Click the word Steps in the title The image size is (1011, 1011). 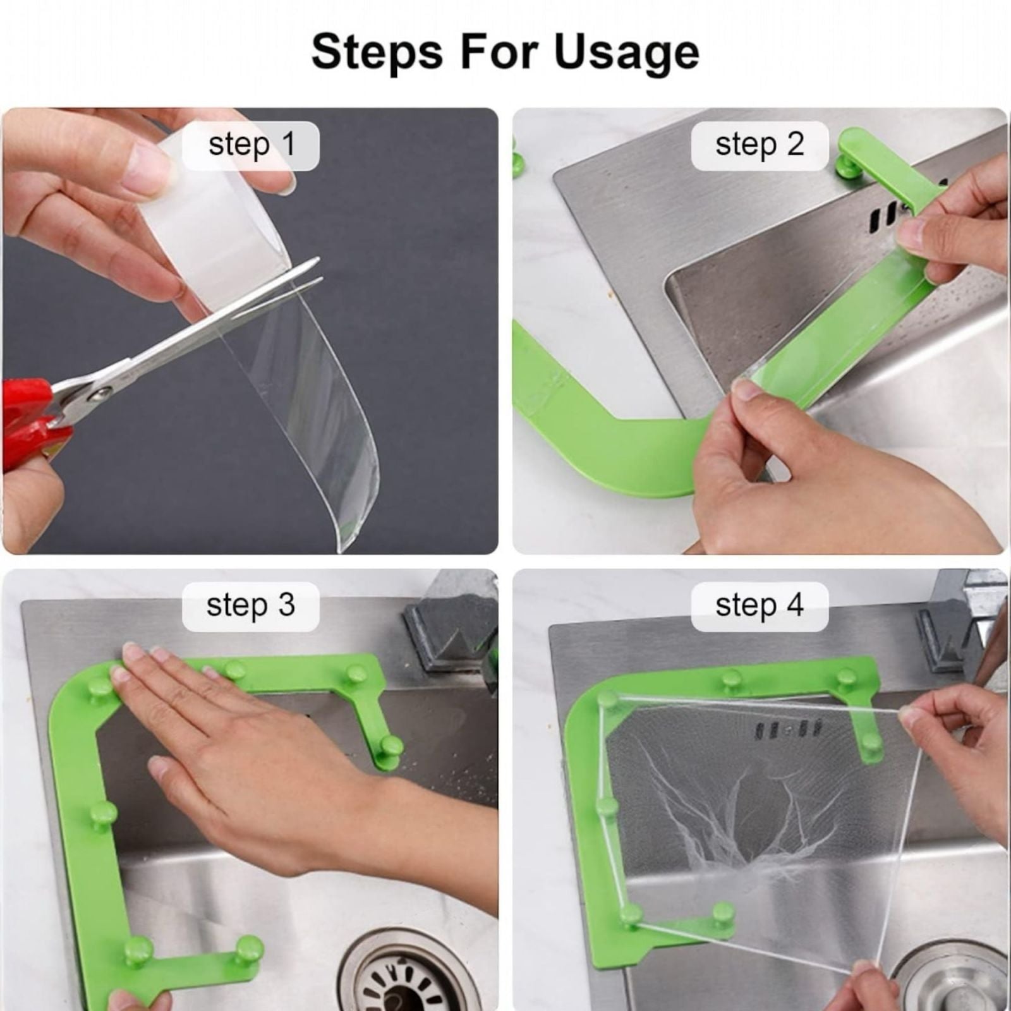point(377,52)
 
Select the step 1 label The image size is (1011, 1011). point(251,145)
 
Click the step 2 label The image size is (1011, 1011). point(760,145)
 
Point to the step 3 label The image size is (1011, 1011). point(251,605)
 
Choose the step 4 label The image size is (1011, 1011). point(760,605)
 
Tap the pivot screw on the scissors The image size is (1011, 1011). point(100,394)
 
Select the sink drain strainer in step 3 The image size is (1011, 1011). point(404,973)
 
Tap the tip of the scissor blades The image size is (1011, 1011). point(318,261)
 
